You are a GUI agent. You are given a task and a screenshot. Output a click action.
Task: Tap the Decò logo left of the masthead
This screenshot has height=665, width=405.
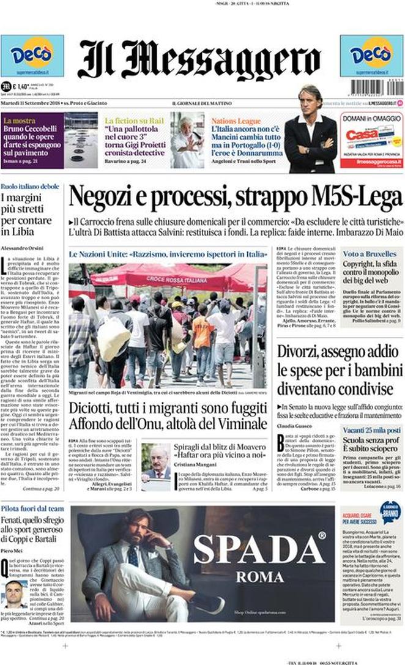pyautogui.click(x=32, y=55)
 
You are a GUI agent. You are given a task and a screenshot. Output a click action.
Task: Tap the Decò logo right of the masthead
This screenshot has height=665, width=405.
pyautogui.click(x=371, y=55)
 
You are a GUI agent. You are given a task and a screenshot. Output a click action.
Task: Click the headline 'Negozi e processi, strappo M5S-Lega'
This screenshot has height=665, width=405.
pyautogui.click(x=236, y=197)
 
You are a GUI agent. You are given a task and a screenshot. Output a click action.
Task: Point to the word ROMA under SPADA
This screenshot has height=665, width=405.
pyautogui.click(x=259, y=577)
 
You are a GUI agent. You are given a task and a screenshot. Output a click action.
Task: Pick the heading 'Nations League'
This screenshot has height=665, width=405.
pyautogui.click(x=236, y=121)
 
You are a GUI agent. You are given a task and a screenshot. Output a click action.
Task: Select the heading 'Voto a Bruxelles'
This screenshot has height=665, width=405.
pyautogui.click(x=363, y=253)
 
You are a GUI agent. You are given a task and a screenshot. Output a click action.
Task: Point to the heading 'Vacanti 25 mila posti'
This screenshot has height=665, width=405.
pyautogui.click(x=371, y=431)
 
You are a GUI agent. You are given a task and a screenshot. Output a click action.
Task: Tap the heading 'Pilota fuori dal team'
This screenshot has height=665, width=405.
pyautogui.click(x=32, y=508)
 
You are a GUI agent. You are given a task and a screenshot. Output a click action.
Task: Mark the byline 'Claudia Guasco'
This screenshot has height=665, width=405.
pyautogui.click(x=295, y=425)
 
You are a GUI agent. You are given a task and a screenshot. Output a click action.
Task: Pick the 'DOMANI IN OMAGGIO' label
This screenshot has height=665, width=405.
pyautogui.click(x=371, y=118)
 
